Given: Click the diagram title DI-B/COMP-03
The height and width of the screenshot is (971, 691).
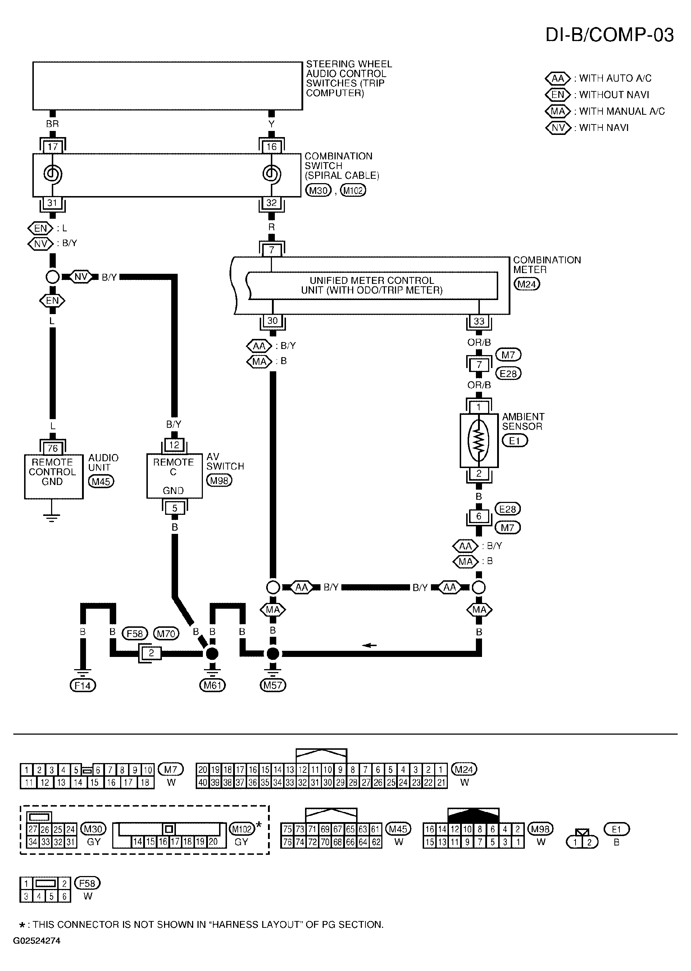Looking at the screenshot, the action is pos(609,35).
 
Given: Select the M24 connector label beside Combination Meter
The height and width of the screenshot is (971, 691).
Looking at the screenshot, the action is pos(527,284).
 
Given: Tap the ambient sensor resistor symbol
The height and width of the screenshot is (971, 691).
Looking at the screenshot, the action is pos(479,440).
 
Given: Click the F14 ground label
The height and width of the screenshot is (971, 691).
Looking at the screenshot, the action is pos(83,685).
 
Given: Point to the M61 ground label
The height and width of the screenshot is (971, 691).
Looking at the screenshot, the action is pos(212,685).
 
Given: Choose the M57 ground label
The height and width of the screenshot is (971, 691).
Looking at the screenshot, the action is pos(273,685).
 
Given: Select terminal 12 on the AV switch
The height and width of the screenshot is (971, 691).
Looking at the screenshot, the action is pos(174,445).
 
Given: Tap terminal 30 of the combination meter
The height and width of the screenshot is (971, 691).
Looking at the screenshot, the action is pos(272,321).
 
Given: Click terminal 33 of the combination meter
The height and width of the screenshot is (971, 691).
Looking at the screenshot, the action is pos(479,321).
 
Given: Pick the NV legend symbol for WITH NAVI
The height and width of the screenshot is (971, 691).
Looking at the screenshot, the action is pos(558,128).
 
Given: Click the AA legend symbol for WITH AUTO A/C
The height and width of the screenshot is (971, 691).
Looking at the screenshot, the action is pos(558,78).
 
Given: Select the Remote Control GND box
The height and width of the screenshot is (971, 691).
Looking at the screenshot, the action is pos(54,477).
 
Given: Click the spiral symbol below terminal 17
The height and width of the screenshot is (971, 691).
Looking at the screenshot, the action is pos(52,174).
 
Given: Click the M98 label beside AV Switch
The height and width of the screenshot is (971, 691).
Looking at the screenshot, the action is pos(219,481).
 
